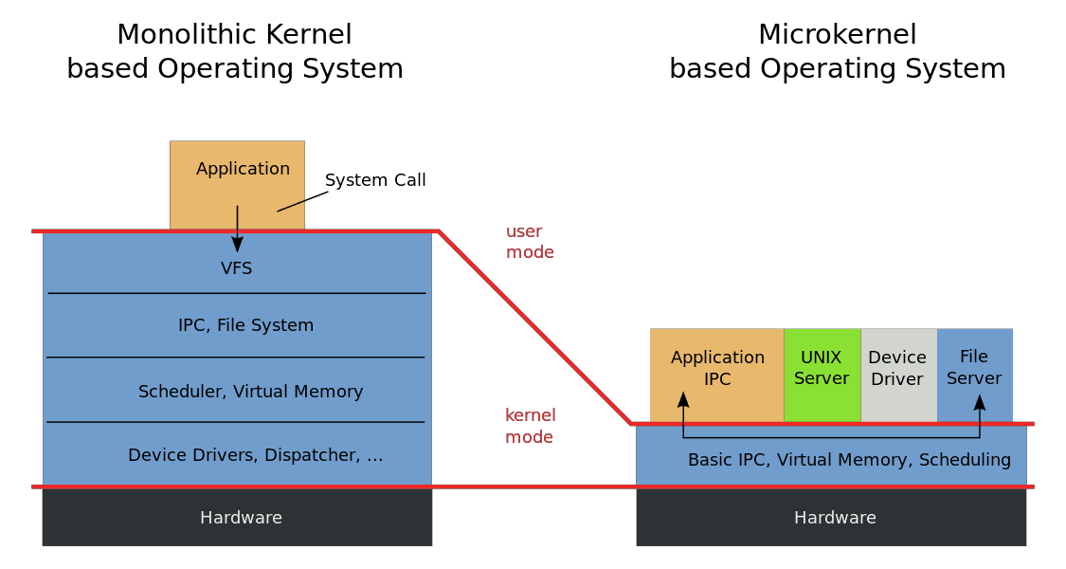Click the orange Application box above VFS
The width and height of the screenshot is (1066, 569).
pyautogui.click(x=237, y=185)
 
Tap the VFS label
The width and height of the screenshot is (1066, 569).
pyautogui.click(x=237, y=268)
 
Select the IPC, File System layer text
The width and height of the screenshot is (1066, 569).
pyautogui.click(x=246, y=325)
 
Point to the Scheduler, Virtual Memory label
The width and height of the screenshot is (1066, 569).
pyautogui.click(x=251, y=392)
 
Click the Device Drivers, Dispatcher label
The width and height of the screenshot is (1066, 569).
pyautogui.click(x=256, y=454)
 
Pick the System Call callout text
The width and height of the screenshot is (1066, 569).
pyautogui.click(x=375, y=180)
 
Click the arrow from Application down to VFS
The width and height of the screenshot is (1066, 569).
pyautogui.click(x=237, y=229)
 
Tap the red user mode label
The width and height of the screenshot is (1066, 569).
pyautogui.click(x=530, y=242)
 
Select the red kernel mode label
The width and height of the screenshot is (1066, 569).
pyautogui.click(x=531, y=426)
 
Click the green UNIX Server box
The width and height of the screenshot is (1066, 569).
pyautogui.click(x=822, y=375)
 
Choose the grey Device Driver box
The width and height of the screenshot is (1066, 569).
pyautogui.click(x=899, y=375)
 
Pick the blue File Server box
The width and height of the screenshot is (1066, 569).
pyautogui.click(x=975, y=375)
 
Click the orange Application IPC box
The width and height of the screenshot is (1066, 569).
pyautogui.click(x=717, y=375)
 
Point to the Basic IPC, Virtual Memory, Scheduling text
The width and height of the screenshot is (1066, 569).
pyautogui.click(x=849, y=460)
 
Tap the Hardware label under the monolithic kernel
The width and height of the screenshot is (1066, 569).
pyautogui.click(x=241, y=518)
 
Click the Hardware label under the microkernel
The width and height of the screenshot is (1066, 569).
pyautogui.click(x=835, y=518)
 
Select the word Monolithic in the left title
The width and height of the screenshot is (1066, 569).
pyautogui.click(x=176, y=35)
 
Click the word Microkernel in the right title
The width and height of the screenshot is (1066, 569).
pyautogui.click(x=838, y=35)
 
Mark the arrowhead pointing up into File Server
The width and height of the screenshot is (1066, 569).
pyautogui.click(x=980, y=402)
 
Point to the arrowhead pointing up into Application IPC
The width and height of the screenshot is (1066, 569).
pyautogui.click(x=683, y=400)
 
